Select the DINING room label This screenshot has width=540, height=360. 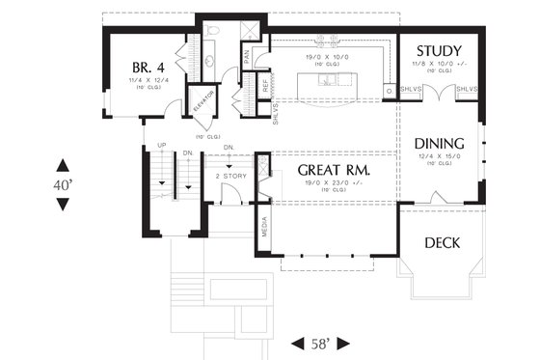click(440, 144)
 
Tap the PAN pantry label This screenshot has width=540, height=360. click(247, 58)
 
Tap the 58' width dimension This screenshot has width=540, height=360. click(320, 343)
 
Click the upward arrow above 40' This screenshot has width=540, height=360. click(63, 163)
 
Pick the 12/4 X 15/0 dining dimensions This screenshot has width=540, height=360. click(440, 155)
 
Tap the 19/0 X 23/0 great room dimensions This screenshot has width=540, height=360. click(324, 181)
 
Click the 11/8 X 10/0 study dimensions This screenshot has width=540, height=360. click(437, 64)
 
